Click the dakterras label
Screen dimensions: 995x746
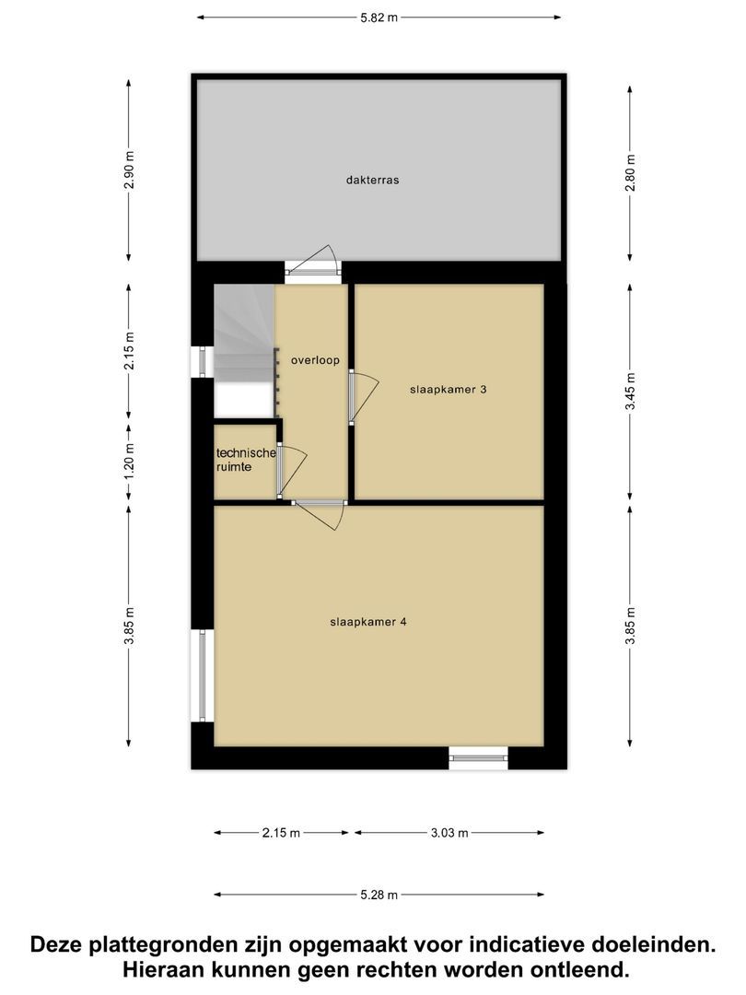[372, 181]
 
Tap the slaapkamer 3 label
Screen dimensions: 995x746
[448, 390]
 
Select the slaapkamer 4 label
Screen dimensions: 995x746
[368, 622]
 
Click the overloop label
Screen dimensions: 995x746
[310, 360]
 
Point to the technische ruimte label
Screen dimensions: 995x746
[246, 460]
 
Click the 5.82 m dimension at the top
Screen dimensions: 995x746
[379, 17]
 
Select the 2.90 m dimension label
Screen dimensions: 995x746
[129, 170]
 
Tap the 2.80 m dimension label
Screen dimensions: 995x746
[630, 170]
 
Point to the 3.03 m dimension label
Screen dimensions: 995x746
[449, 833]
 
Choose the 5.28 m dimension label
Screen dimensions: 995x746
[378, 895]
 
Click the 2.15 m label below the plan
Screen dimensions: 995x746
[281, 833]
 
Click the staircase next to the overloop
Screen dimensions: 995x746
[244, 345]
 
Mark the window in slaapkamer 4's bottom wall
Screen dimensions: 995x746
[479, 758]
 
